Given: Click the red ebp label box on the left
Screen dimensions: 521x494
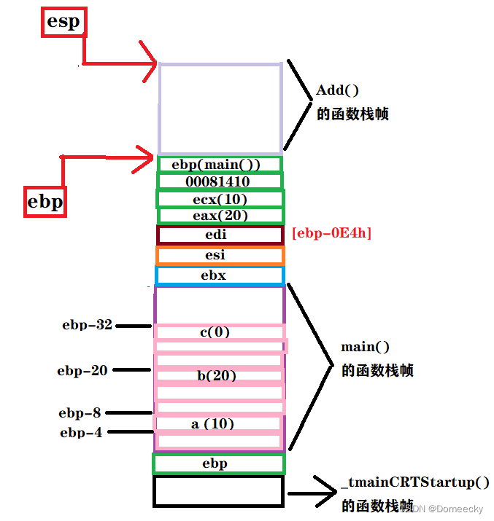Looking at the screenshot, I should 45,201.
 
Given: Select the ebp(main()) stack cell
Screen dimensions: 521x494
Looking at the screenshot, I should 220,165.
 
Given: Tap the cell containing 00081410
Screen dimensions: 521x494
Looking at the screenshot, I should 220,181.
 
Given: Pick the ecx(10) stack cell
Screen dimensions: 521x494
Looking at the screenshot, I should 220,199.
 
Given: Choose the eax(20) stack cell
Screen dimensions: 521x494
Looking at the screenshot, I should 220,216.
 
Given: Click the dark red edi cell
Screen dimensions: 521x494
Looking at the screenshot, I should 220,235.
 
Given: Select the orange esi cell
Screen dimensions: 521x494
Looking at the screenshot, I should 220,255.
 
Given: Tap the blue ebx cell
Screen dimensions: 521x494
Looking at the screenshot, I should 220,275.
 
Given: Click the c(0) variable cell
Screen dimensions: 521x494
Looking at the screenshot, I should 220,332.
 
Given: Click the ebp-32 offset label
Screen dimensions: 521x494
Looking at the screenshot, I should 88,325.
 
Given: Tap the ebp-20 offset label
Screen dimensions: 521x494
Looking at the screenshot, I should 82,370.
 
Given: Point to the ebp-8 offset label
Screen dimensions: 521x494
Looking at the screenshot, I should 80,413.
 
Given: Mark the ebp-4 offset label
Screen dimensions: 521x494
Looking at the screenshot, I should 81,432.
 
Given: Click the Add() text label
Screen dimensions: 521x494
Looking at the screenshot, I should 338,90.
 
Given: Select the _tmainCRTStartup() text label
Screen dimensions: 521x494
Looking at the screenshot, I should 414,483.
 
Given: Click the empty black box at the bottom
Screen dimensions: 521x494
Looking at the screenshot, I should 218,491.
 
